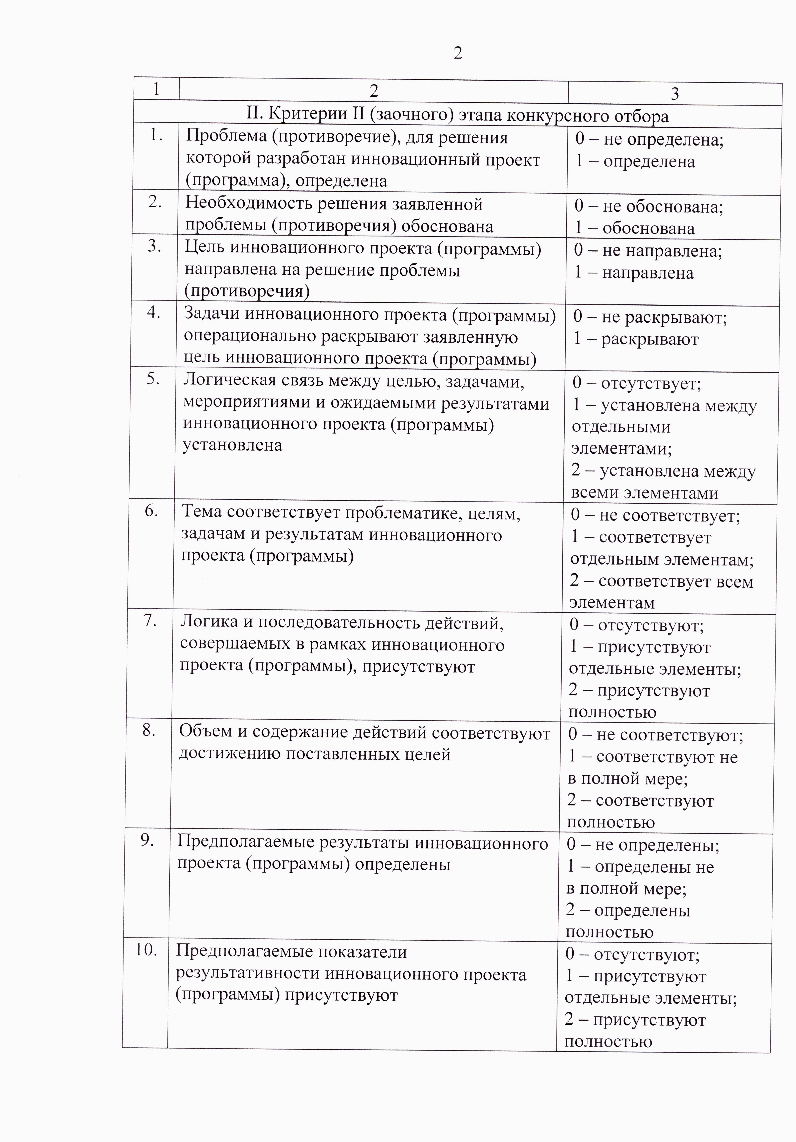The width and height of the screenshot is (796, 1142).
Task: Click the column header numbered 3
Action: (x=675, y=94)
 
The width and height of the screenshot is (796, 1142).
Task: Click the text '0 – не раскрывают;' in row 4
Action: (x=650, y=317)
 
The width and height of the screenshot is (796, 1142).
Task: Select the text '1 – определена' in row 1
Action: (x=635, y=162)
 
